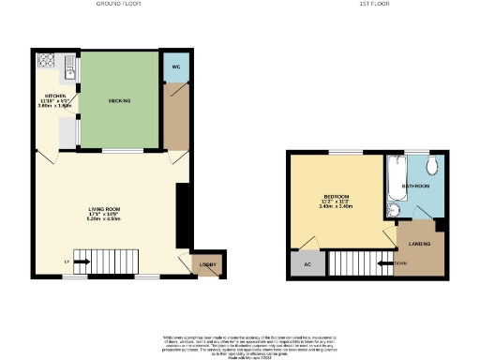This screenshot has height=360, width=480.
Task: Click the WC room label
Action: [x=175, y=69]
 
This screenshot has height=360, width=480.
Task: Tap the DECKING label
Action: [x=119, y=99]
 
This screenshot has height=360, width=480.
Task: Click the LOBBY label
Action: [x=207, y=265]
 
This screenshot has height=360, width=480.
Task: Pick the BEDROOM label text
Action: [x=336, y=196]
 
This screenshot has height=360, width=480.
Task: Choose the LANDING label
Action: [x=420, y=245]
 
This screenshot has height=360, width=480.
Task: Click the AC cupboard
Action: [x=306, y=264]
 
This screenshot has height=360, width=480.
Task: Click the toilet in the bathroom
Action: [x=431, y=167]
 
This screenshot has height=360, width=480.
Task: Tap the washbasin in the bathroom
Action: [x=393, y=212]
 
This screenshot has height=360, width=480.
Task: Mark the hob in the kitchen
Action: [x=46, y=61]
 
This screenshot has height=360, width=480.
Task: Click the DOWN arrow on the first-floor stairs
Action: [x=400, y=263]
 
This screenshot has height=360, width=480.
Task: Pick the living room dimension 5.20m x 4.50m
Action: [x=105, y=218]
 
